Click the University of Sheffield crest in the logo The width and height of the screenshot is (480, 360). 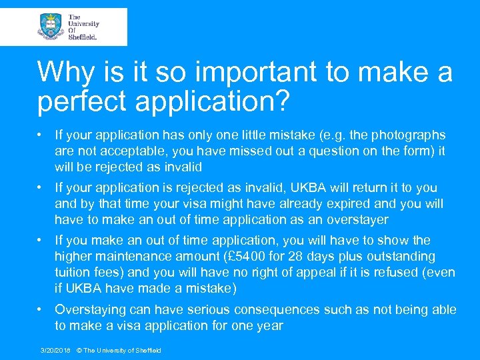pyautogui.click(x=51, y=27)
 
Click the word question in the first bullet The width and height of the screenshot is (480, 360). pyautogui.click(x=323, y=151)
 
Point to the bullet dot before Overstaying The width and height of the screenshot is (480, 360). pyautogui.click(x=41, y=309)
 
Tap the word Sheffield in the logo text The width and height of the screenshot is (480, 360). pyautogui.click(x=83, y=37)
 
